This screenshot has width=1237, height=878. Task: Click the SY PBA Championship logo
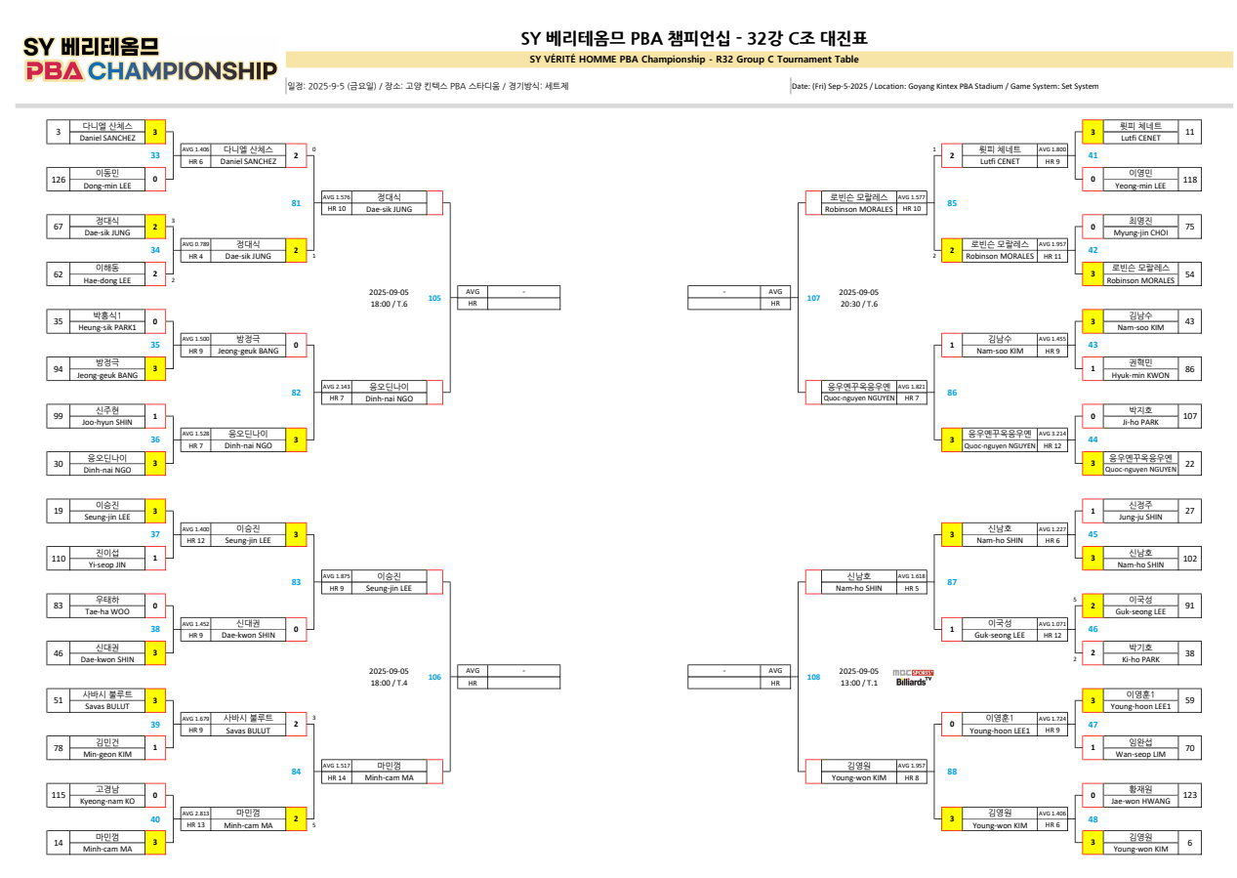click(150, 61)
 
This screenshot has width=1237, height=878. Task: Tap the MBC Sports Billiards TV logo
click(912, 676)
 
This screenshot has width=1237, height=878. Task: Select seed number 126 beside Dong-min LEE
click(59, 179)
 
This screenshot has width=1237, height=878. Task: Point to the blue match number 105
click(434, 297)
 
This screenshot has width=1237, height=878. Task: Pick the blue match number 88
click(952, 772)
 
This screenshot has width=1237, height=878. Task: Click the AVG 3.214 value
click(1052, 433)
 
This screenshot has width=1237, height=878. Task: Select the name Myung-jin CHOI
click(1140, 232)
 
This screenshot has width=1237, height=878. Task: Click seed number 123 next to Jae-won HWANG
click(1189, 796)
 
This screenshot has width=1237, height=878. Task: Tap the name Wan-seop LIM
click(1140, 754)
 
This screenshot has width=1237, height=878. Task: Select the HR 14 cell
click(336, 777)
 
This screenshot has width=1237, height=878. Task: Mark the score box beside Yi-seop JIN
click(155, 558)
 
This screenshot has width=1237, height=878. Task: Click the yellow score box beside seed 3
click(155, 132)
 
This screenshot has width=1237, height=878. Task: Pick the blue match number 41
click(1093, 155)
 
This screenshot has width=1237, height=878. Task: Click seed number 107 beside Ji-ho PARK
click(1189, 416)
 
